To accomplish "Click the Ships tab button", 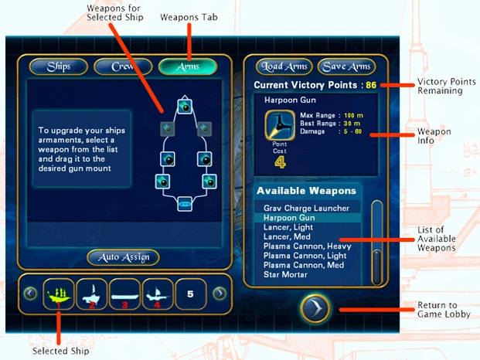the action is click(59, 66).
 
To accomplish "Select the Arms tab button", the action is click(188, 66).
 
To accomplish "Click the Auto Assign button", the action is click(124, 257).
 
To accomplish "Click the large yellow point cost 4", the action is click(280, 162).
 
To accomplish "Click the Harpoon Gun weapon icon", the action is click(280, 124).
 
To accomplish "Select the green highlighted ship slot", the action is click(60, 294).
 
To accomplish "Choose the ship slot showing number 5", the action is click(190, 294).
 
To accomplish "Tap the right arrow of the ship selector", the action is click(219, 294).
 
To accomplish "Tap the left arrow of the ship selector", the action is click(29, 294).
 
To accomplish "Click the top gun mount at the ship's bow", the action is click(184, 107).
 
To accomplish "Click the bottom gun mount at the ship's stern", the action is click(184, 204).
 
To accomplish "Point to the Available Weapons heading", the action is click(306, 191).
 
